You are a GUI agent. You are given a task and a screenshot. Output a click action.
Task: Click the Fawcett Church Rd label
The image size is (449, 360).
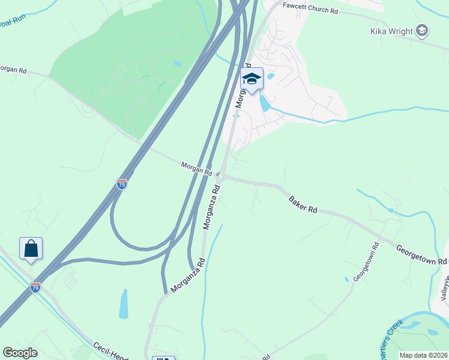pos(312,11)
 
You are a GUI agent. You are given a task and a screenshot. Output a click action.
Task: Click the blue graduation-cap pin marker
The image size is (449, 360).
pos(252,79)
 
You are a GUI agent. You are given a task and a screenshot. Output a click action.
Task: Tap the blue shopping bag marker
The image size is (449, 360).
pos(31,248)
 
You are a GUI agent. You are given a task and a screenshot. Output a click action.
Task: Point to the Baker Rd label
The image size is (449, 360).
pos(303,205)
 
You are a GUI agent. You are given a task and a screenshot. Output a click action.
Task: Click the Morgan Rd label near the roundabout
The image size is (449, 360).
pos(197,169)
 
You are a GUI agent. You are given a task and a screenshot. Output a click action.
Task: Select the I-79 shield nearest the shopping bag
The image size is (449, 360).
pos(35,287)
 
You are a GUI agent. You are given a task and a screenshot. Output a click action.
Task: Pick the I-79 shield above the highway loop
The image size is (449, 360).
pos(122,184)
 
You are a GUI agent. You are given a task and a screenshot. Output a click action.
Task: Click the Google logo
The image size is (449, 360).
pos(20,353)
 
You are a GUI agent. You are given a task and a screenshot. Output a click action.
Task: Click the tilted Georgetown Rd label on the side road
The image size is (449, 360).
pos(366,262)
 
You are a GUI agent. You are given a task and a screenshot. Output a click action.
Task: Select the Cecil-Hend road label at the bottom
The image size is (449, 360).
pos(111,352)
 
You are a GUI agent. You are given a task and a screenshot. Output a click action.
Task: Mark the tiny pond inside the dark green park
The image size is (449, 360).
pos(176,63)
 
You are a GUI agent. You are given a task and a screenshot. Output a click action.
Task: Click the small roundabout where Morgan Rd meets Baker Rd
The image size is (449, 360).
pos(220,178)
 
